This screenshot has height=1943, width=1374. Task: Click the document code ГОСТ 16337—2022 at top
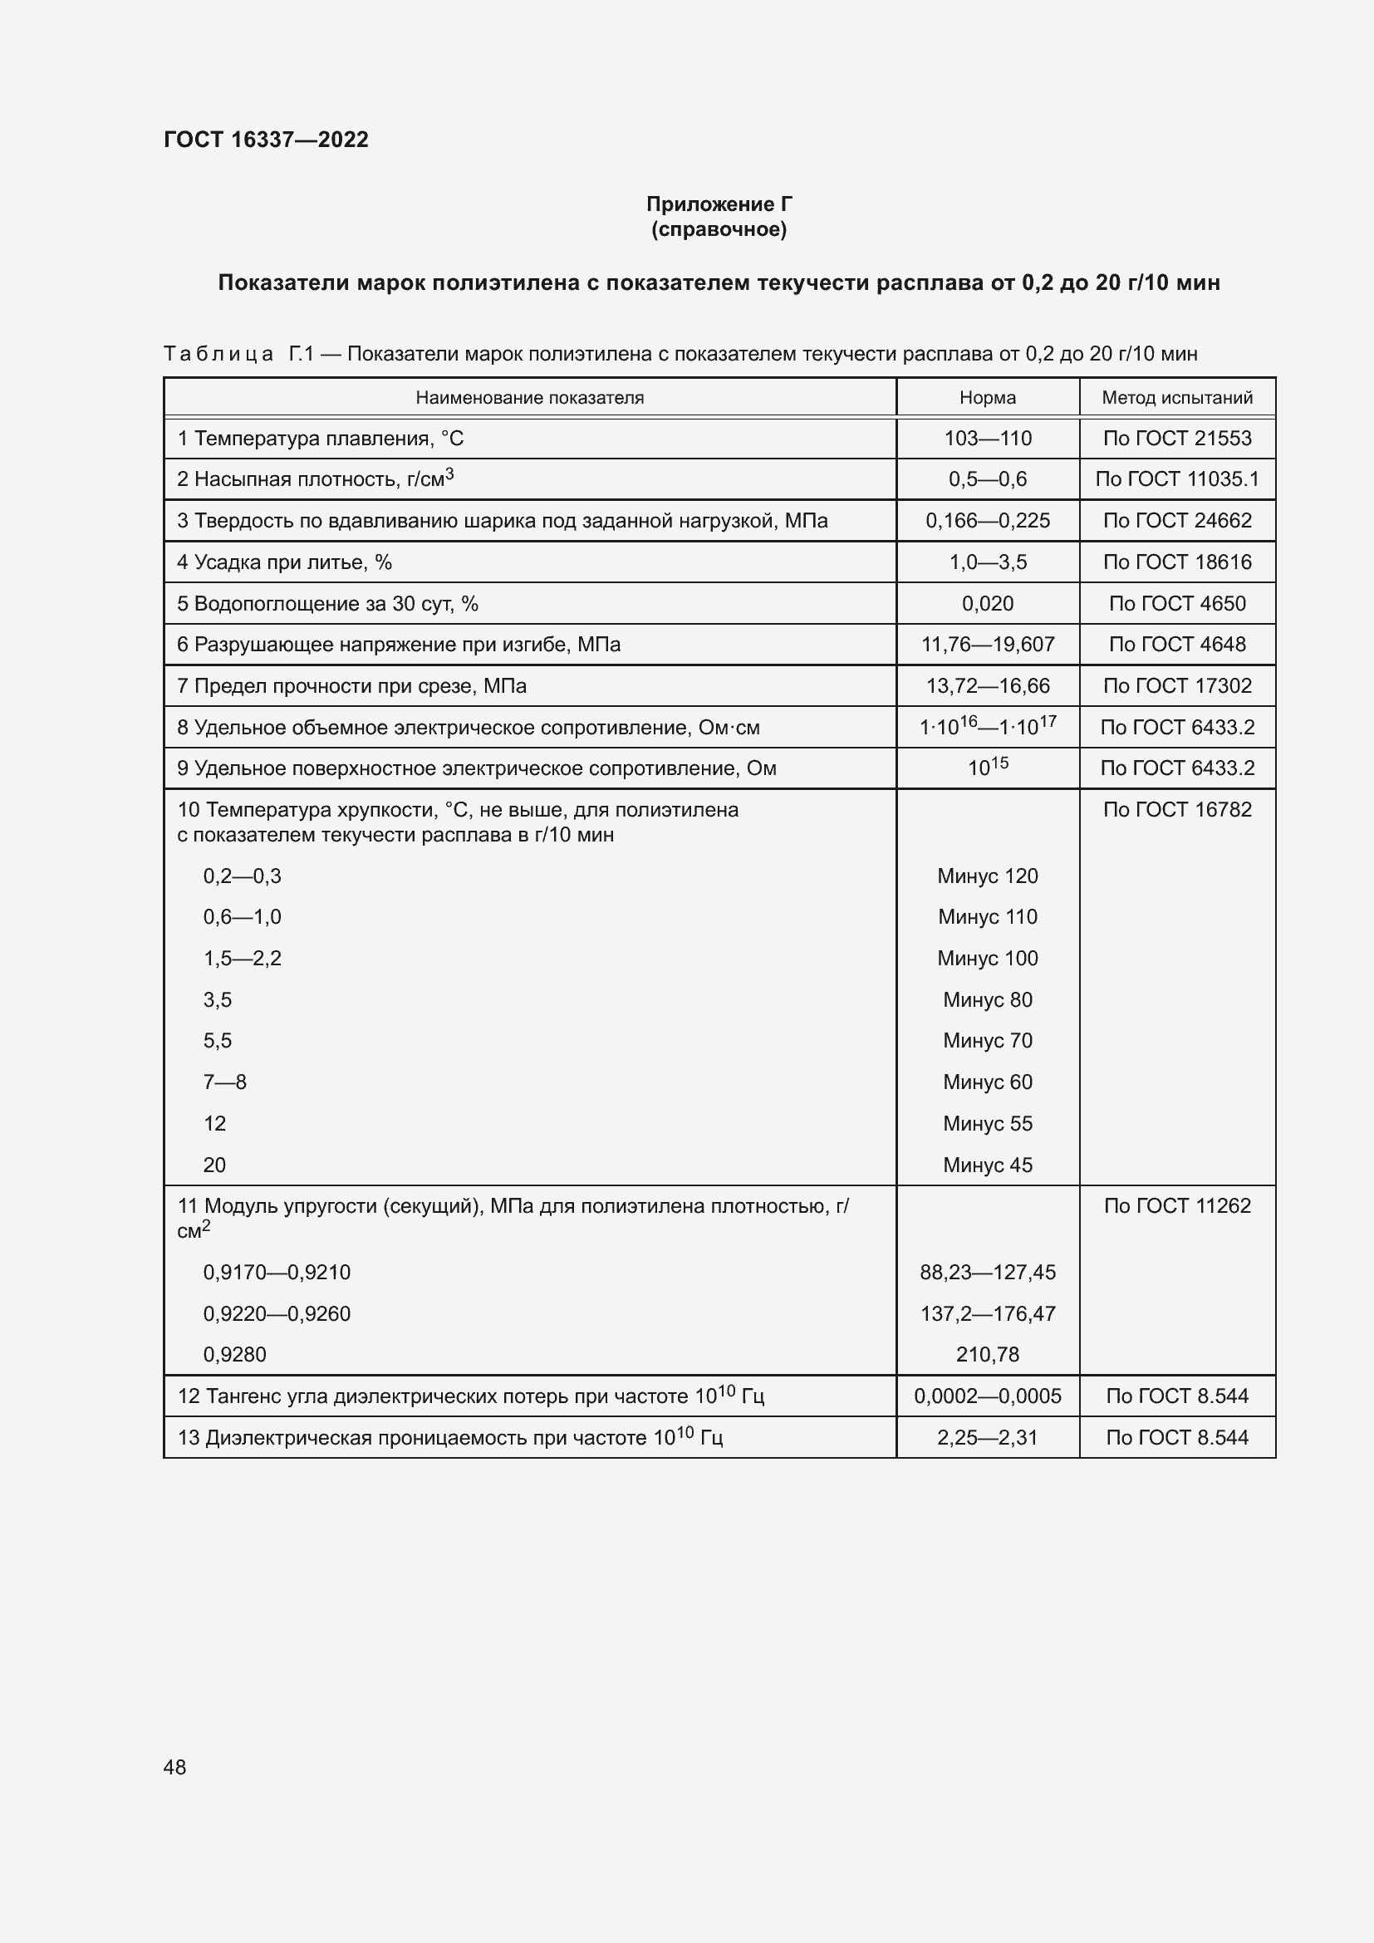[x=266, y=140]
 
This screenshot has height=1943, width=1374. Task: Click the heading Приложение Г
[x=719, y=204]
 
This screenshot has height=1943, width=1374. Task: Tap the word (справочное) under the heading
[x=719, y=229]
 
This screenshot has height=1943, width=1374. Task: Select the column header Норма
[x=988, y=398]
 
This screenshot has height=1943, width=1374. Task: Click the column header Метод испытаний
[x=1177, y=398]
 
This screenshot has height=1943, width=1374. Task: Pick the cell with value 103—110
[x=988, y=439]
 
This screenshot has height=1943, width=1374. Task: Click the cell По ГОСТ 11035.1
[x=1177, y=479]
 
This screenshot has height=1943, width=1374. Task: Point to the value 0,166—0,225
[x=988, y=521]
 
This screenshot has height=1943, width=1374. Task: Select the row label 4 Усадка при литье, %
[x=284, y=562]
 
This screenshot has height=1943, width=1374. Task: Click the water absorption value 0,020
[x=988, y=603]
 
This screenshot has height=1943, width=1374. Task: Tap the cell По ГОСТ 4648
[x=1177, y=644]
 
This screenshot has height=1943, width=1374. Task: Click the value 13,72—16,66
[x=988, y=685]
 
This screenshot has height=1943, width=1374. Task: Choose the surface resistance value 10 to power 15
[x=988, y=767]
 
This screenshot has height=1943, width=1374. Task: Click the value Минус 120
[x=988, y=876]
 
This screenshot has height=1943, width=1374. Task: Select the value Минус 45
[x=988, y=1165]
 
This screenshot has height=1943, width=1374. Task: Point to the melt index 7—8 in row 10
[x=224, y=1082]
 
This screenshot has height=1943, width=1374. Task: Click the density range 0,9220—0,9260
[x=277, y=1313]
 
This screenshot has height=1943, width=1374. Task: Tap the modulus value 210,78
[x=988, y=1354]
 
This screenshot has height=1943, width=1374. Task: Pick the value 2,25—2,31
[x=988, y=1437]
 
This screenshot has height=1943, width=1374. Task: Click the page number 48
[x=175, y=1767]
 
